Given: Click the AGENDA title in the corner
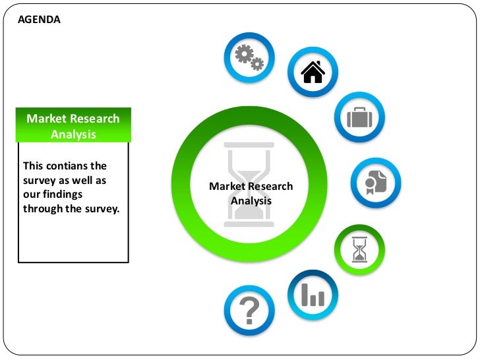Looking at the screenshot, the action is pos(39,20).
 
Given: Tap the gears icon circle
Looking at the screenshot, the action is pos(249,58).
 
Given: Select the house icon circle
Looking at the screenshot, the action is pos(313,73).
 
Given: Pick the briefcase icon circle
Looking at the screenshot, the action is pos(359,117).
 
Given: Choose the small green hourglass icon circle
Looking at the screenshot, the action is pos(359,249).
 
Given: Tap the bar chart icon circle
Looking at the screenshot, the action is pos(313,295).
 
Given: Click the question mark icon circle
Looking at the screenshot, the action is pos(249,309).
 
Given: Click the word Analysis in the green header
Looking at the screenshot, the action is pos(73,135).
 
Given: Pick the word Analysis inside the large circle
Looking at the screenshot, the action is pos(251,200).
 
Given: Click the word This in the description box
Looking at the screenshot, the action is pos(33,165).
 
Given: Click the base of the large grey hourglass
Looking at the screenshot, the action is pos(249,224).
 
